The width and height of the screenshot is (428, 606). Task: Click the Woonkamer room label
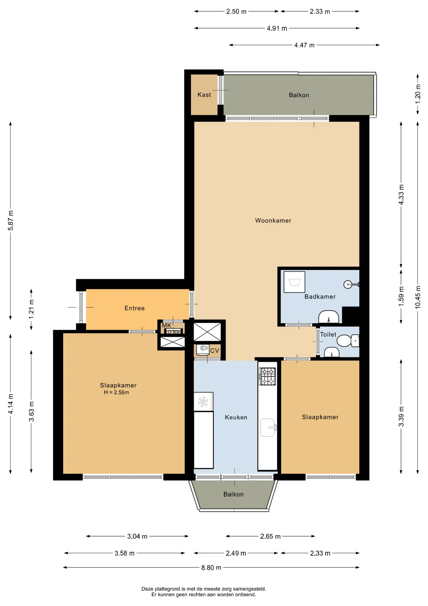[x=273, y=221]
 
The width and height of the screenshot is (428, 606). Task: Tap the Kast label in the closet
[x=204, y=95]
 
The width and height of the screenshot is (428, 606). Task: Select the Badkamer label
[x=320, y=297]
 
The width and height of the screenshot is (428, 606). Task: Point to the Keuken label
[x=236, y=417]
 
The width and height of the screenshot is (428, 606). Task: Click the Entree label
[x=135, y=308]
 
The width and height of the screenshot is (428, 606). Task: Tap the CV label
[x=215, y=351]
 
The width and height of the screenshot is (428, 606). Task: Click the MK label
[x=167, y=325]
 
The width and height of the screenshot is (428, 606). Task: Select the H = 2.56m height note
[x=116, y=392]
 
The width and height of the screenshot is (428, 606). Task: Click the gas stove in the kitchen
[x=267, y=376]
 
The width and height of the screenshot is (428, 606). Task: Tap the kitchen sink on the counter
[x=268, y=428]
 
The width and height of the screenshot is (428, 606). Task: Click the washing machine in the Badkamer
[x=294, y=282]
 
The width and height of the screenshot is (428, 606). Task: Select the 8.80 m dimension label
[x=211, y=567]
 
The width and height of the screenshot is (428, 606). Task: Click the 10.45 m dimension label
[x=418, y=297]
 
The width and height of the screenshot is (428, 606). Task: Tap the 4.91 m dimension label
[x=277, y=28]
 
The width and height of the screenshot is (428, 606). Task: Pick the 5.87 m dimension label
[x=11, y=220]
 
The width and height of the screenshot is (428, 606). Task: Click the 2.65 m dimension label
[x=270, y=536]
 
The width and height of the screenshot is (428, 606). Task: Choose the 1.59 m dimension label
[x=401, y=296]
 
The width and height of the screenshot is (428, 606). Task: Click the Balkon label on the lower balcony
[x=233, y=494]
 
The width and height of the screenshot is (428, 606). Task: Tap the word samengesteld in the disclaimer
[x=250, y=589]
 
